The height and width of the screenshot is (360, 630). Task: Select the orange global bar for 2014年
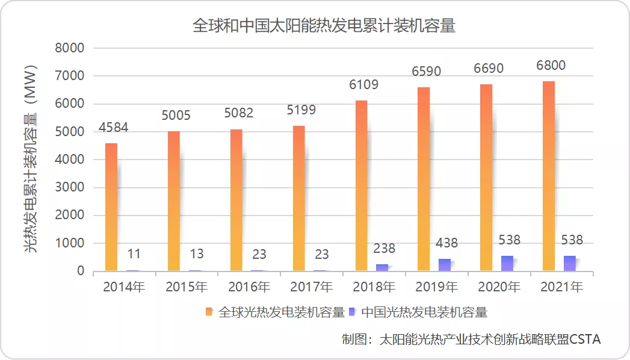click(111, 207)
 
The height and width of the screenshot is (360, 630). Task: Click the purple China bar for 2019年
click(444, 265)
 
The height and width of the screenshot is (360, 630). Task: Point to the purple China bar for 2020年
click(507, 263)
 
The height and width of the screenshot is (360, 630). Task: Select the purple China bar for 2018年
click(382, 267)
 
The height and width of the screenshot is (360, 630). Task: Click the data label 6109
click(363, 84)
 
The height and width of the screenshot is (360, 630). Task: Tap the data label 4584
click(113, 128)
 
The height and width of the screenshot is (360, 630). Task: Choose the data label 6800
click(551, 65)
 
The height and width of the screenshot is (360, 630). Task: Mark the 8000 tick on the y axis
click(70, 48)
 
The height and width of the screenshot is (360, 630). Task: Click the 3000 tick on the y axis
click(70, 187)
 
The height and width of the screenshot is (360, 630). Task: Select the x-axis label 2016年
click(249, 287)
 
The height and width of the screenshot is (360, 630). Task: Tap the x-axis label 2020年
click(499, 287)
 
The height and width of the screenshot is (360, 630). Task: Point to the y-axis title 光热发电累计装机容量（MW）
click(31, 159)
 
